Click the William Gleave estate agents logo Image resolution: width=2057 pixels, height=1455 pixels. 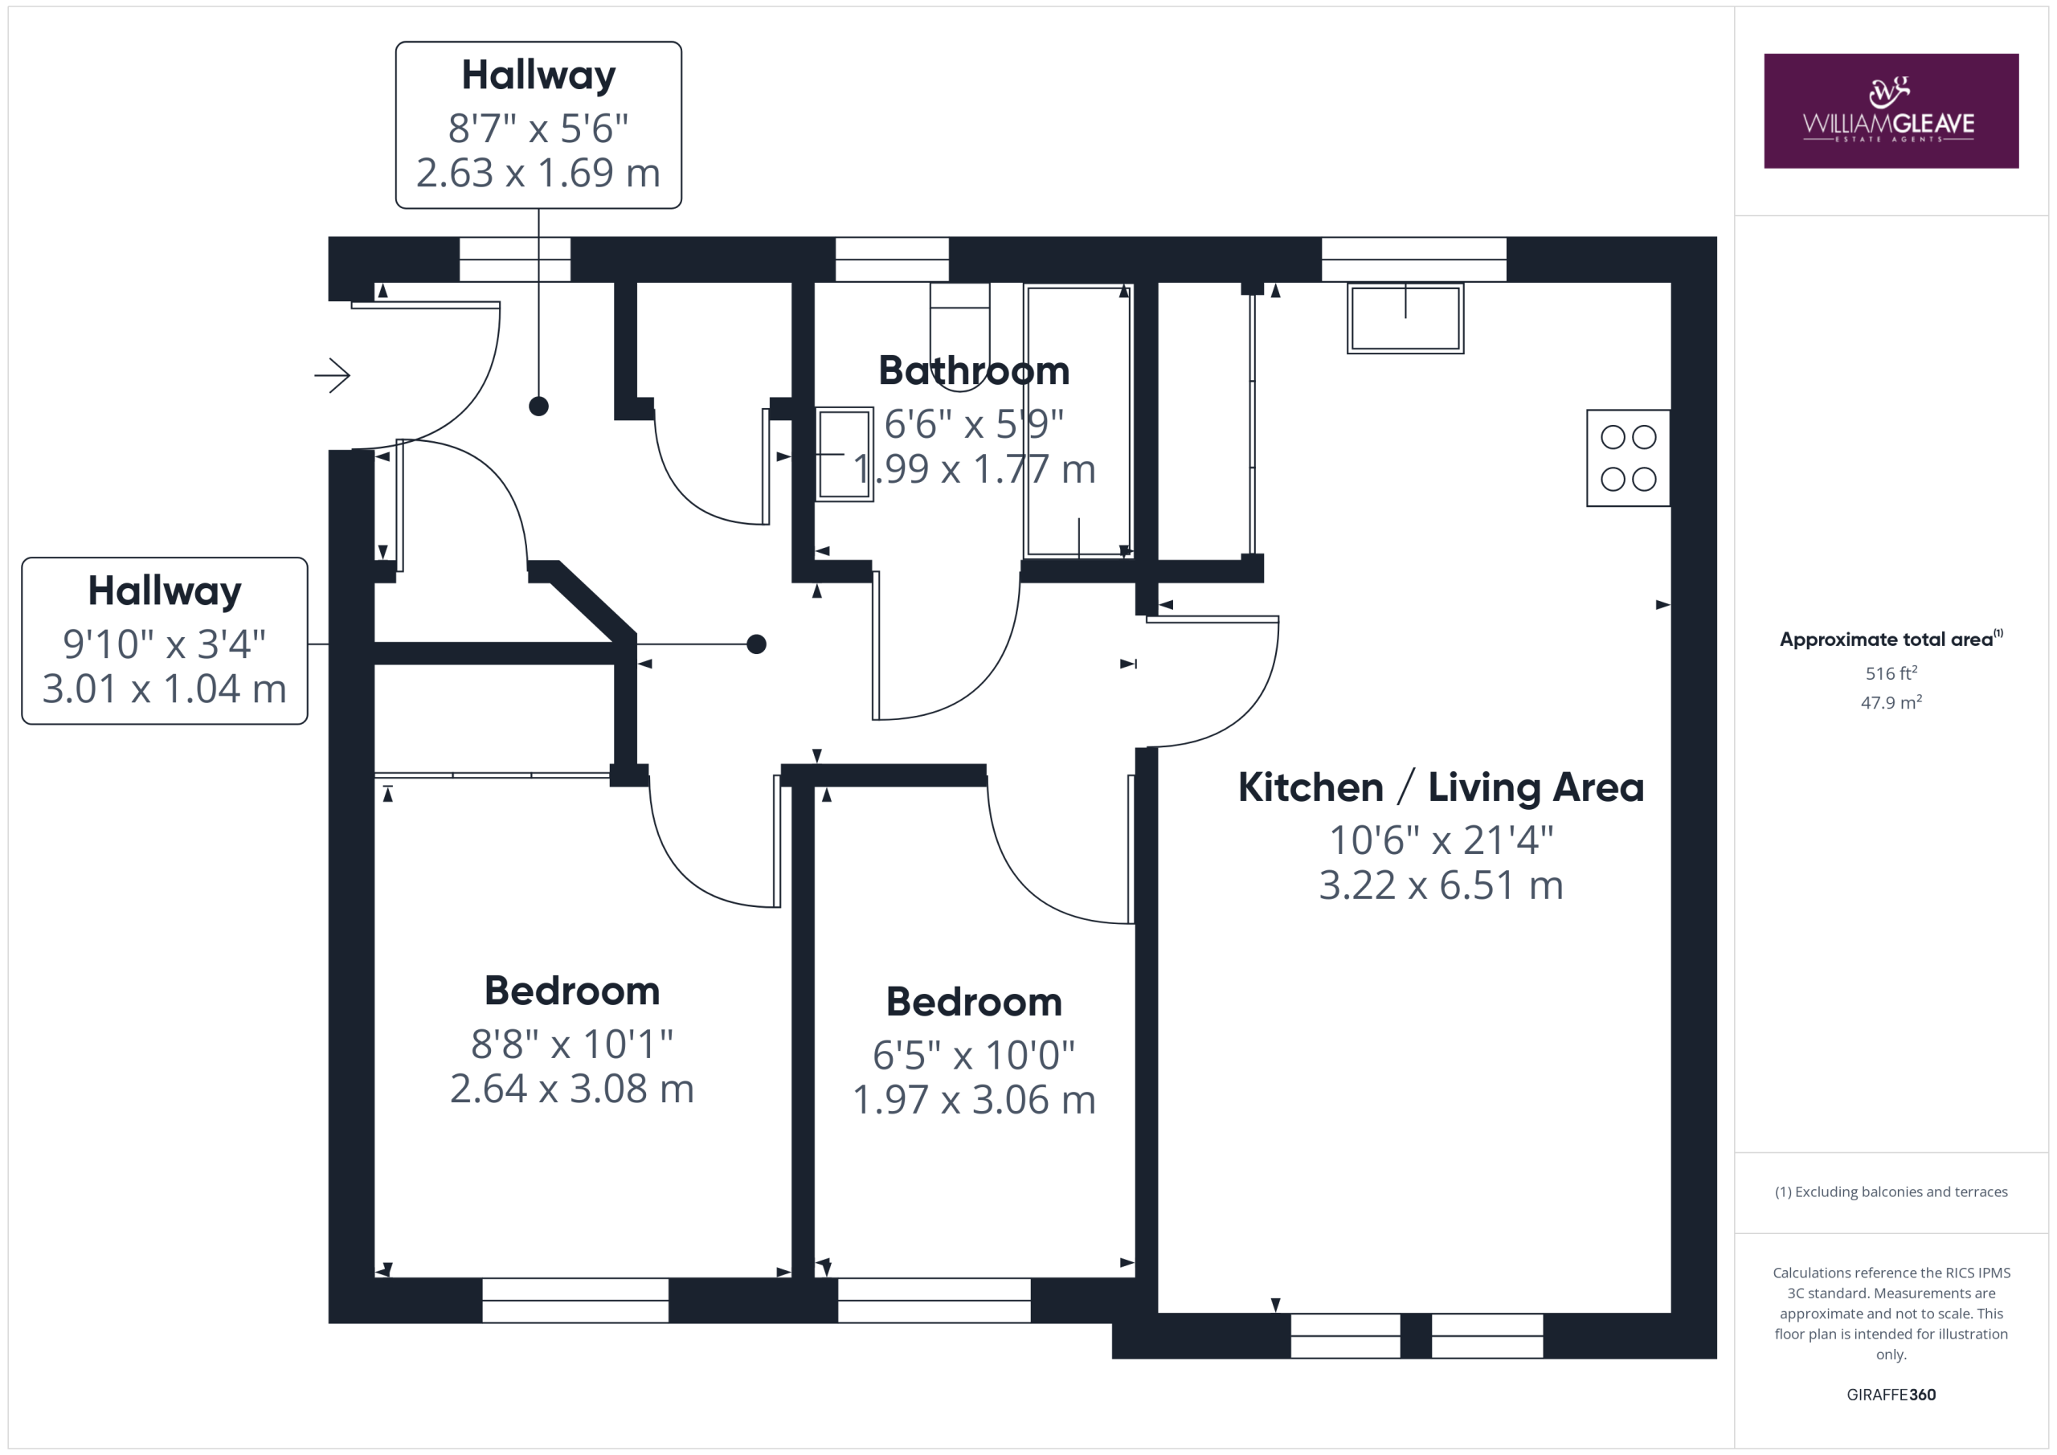pos(1891,111)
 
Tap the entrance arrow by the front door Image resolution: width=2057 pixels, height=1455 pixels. pos(332,375)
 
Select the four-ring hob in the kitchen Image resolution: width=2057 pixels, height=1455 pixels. pos(1628,458)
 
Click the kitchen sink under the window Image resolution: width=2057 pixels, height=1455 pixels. pos(1405,318)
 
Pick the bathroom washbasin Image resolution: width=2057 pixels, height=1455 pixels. pos(844,454)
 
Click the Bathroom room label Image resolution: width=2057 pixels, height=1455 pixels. pos(974,371)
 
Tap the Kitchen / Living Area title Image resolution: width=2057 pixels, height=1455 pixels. pos(1441,787)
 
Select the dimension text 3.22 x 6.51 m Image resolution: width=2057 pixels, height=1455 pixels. pos(1441,885)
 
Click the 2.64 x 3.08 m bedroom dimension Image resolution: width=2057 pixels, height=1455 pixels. pos(571,1089)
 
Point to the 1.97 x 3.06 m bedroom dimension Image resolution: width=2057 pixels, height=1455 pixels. pos(974,1099)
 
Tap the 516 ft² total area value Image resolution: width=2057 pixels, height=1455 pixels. pos(1891,672)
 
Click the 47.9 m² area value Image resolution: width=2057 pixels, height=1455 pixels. pos(1891,702)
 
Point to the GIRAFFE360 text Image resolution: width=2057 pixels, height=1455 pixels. pos(1891,1394)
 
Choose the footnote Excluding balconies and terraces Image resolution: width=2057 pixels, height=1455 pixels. pos(1891,1191)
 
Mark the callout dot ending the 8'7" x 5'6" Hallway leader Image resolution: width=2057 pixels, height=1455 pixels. pos(538,407)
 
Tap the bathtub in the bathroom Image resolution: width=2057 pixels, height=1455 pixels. pos(1078,421)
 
